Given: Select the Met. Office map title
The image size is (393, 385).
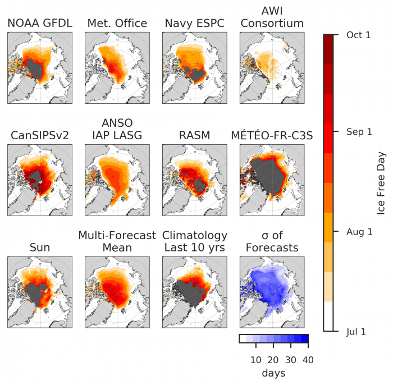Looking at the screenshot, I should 117,24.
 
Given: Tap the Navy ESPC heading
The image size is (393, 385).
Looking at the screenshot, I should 194,24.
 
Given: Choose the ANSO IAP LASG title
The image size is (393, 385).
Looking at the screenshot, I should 117,130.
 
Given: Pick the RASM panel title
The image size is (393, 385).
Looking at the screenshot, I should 194,136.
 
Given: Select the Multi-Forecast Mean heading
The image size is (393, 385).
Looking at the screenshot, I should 117,242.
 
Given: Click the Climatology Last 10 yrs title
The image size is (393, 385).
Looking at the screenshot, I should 194,242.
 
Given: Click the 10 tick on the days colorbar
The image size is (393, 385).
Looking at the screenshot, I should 256,359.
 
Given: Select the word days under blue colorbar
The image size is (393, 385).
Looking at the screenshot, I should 274,373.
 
